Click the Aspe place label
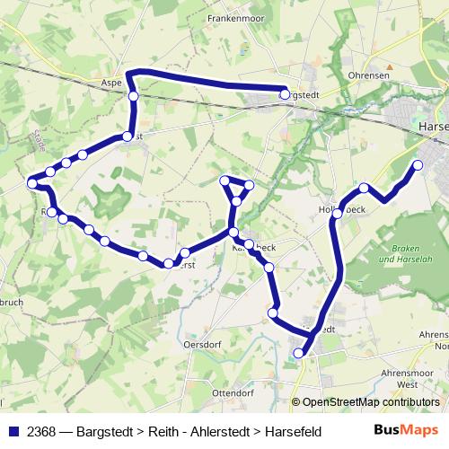pos(112,81)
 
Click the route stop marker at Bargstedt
pos(285,94)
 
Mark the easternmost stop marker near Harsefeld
pos(418,164)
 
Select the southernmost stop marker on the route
pos(299,354)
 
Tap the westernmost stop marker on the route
pos(32,182)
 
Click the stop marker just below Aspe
pos(133,96)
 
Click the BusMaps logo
pos(408,429)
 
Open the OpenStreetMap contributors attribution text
pos(367,402)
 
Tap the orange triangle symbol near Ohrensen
pos(390,66)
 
